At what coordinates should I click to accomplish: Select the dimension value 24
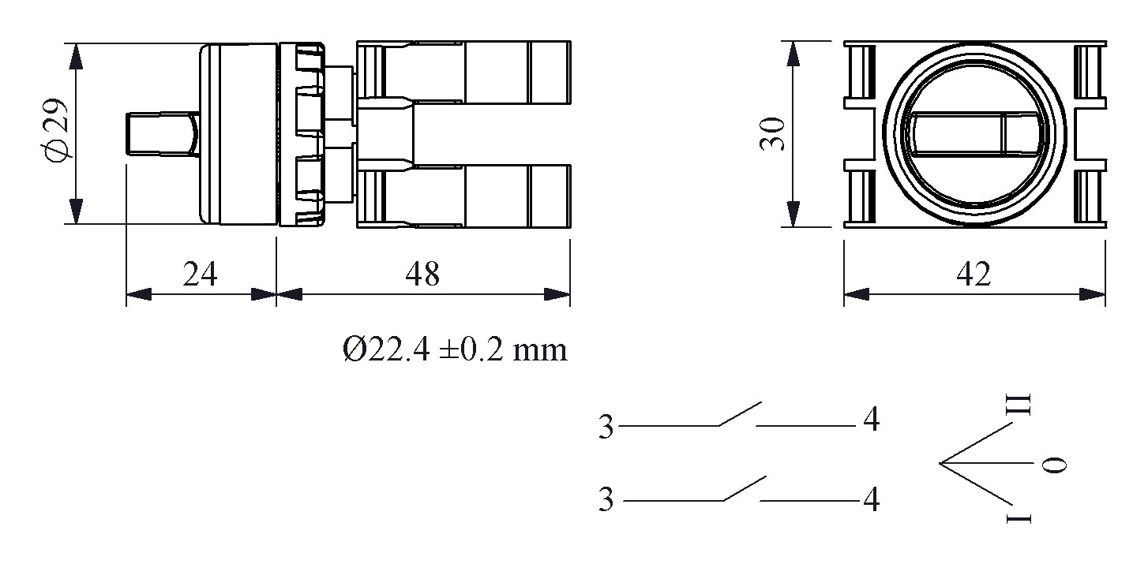pos(201,275)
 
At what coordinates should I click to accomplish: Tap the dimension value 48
pos(422,275)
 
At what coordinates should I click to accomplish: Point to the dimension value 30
pos(771,134)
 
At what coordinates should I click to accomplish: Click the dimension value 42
pos(974,275)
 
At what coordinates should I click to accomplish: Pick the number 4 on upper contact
pos(871,421)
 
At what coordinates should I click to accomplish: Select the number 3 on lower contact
pos(606,501)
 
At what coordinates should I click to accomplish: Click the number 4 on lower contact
pos(871,499)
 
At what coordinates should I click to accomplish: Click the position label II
pos(1022,404)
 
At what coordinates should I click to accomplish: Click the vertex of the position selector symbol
pos(940,463)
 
